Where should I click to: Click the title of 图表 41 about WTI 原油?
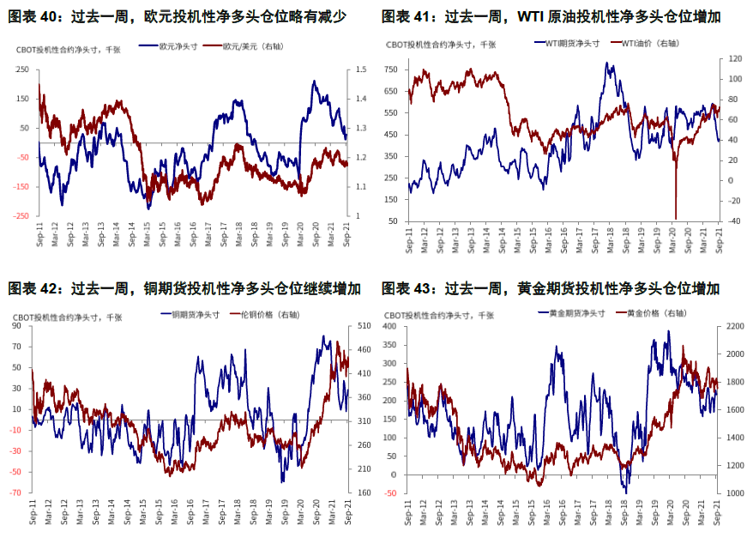click(x=550, y=16)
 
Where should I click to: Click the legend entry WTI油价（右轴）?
click(x=643, y=41)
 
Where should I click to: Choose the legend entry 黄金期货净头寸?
click(x=574, y=313)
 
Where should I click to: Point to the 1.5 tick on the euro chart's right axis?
click(x=361, y=70)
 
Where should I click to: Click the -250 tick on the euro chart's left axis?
click(x=20, y=215)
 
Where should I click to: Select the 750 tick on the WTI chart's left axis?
click(x=391, y=70)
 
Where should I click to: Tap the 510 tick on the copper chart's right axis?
click(x=364, y=326)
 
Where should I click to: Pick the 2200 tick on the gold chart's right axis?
click(x=737, y=326)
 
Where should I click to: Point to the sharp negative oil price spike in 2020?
click(x=676, y=217)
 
